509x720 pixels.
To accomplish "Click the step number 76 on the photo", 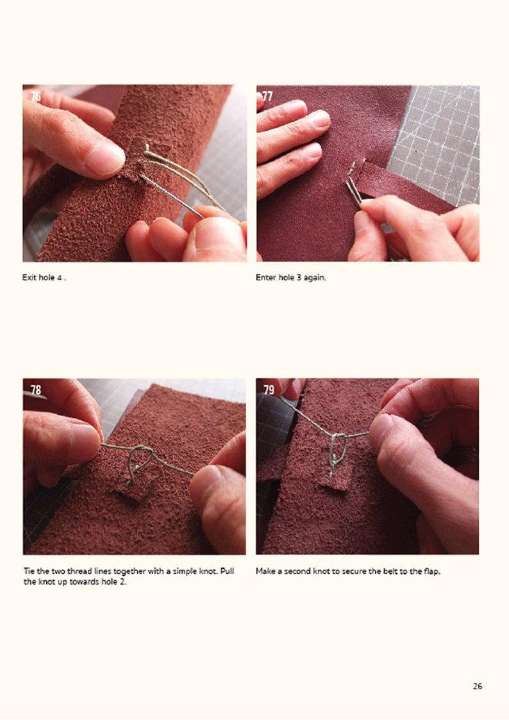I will (x=35, y=96).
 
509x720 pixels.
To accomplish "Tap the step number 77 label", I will (x=267, y=96).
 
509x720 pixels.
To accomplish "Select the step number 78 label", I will (x=35, y=390).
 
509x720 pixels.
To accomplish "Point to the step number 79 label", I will (x=269, y=390).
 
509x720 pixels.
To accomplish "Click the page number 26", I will (x=478, y=686).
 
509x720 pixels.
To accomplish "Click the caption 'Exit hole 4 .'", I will (x=44, y=278).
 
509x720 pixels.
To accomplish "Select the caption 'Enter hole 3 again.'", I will (x=290, y=278).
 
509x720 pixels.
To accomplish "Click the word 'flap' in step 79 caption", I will (x=432, y=571).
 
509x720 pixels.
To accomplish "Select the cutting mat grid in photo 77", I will (x=442, y=141).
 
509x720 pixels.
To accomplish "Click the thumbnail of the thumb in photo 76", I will (x=105, y=158).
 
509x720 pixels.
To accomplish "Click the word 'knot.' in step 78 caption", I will (x=207, y=571).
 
